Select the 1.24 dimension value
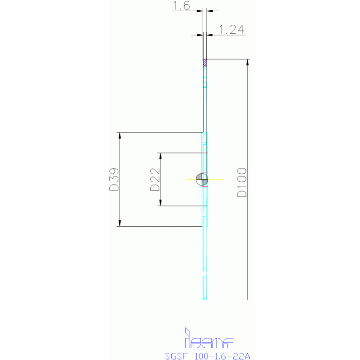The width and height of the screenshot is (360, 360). tap(232, 30)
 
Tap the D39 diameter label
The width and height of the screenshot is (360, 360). tap(113, 180)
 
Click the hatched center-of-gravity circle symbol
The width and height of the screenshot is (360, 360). tap(202, 179)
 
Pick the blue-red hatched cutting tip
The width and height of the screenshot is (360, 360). tap(205, 62)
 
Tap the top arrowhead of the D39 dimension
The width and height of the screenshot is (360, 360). tap(120, 136)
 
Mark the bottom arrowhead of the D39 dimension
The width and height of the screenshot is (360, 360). tap(120, 223)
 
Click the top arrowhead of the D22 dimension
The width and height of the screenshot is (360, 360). tap(161, 155)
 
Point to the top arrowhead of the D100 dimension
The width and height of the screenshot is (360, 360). tap(247, 62)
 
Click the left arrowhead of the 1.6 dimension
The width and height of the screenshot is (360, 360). tap(200, 10)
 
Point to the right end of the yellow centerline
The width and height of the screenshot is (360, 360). tap(223, 179)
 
